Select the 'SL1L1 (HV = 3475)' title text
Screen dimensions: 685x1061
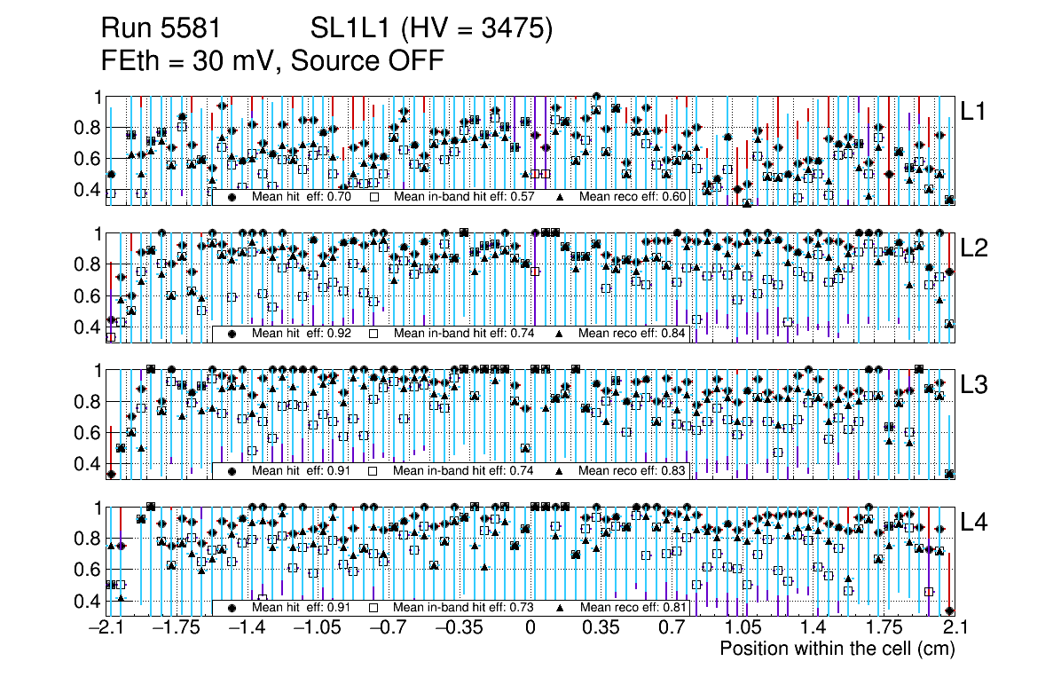click(x=432, y=30)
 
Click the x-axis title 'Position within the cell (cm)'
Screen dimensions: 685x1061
click(x=837, y=649)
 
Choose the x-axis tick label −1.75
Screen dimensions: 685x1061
click(x=172, y=628)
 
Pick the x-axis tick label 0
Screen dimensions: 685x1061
click(x=530, y=628)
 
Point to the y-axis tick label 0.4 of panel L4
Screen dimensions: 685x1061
click(x=86, y=601)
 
